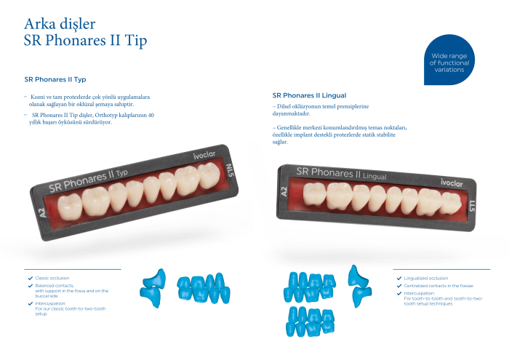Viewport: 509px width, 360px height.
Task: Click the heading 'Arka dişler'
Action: (60, 24)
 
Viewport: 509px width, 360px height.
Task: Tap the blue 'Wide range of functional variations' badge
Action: (449, 60)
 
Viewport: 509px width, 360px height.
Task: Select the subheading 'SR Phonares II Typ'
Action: (55, 79)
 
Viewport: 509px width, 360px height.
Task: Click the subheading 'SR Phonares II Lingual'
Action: (309, 95)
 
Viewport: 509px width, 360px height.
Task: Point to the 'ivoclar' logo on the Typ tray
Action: (204, 155)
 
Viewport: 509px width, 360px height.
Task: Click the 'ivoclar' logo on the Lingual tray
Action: (452, 183)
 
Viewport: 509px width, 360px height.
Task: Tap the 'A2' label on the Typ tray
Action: (42, 213)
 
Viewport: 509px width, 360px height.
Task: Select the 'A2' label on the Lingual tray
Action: (284, 191)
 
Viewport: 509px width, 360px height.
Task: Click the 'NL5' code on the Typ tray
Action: (230, 170)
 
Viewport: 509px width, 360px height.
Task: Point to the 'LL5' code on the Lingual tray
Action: (472, 206)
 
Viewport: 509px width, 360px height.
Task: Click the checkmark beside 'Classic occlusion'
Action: (31, 279)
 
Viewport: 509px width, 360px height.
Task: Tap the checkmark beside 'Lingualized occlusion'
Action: (399, 279)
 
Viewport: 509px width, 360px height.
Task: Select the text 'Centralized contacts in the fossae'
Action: (438, 286)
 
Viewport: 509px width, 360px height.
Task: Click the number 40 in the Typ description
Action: (151, 115)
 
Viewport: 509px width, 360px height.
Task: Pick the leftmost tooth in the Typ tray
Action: (70, 207)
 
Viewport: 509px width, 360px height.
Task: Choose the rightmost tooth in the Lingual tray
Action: (452, 203)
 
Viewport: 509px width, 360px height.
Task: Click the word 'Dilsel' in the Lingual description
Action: (284, 106)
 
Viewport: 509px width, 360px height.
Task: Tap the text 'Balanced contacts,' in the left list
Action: (55, 286)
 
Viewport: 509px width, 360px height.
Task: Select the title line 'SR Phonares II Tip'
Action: (85, 41)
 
